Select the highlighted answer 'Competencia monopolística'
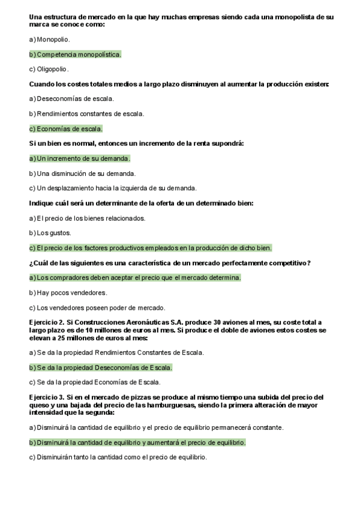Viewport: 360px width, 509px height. coord(75,54)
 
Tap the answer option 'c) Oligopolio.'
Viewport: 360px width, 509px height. coord(49,69)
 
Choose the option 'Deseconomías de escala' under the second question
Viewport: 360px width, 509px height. coord(71,98)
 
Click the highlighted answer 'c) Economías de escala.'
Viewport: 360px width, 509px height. coord(66,128)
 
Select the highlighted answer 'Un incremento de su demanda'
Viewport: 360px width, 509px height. coord(79,158)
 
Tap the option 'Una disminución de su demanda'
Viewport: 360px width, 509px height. coord(77,173)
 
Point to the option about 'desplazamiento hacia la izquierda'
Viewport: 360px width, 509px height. coord(113,188)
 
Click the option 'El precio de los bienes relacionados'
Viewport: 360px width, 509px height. coord(87,218)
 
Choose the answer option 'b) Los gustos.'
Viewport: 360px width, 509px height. coord(50,233)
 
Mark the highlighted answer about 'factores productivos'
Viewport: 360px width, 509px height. coord(151,247)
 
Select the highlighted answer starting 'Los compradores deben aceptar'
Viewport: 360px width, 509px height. coord(135,278)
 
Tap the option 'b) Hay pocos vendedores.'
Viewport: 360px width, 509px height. coord(68,293)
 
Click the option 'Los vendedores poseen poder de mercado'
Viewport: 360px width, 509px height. coord(97,308)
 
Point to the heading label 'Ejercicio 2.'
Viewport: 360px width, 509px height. coord(46,322)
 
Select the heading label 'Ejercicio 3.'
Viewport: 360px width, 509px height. coord(46,397)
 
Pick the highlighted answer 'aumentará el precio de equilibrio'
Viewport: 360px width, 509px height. coord(137,442)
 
